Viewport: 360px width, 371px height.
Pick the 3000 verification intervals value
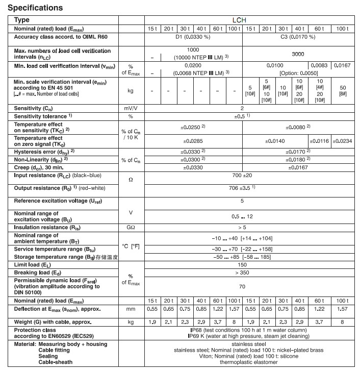pyautogui.click(x=299, y=53)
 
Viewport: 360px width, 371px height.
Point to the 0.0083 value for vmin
pyautogui.click(x=320, y=66)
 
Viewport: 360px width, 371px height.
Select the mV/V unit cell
pyautogui.click(x=131, y=108)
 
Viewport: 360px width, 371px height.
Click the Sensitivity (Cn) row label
pyautogui.click(x=37, y=108)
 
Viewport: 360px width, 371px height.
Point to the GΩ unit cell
pyautogui.click(x=131, y=227)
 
